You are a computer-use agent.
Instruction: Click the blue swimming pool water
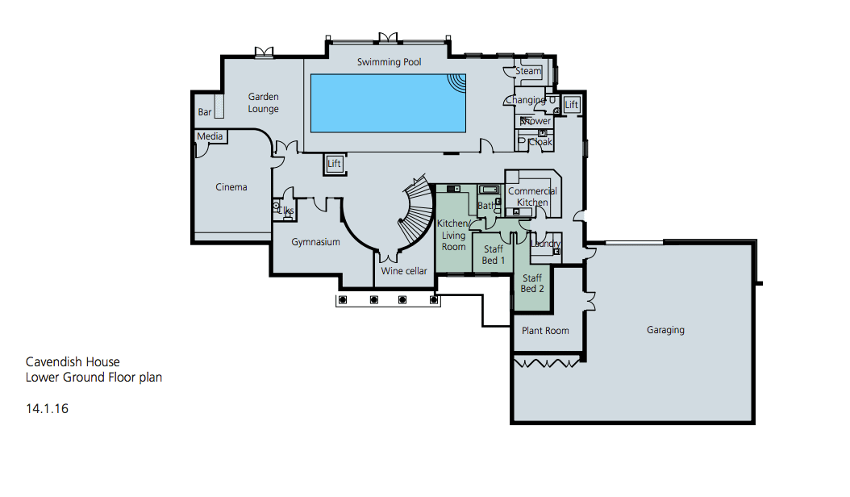click(x=388, y=103)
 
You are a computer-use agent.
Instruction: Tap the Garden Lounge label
click(x=264, y=102)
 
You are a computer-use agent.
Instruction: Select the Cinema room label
click(x=231, y=187)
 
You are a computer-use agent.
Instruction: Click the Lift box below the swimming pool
click(x=335, y=164)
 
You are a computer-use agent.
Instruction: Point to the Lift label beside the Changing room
click(x=572, y=105)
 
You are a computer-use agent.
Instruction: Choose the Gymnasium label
click(x=315, y=242)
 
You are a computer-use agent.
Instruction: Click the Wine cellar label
click(x=404, y=271)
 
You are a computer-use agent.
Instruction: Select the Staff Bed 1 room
click(x=494, y=255)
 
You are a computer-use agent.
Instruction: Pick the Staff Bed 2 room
click(x=532, y=283)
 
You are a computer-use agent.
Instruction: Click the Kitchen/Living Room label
click(x=453, y=235)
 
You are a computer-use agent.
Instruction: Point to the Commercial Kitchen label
click(x=532, y=197)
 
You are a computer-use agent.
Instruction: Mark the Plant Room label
click(x=545, y=331)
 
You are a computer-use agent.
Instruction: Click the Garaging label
click(x=665, y=330)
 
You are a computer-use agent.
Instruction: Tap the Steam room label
click(x=528, y=71)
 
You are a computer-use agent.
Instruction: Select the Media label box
click(x=210, y=136)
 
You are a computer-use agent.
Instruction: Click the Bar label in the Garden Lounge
click(x=205, y=112)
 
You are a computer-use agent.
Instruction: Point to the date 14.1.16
click(x=47, y=408)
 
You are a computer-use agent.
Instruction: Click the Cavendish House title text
click(x=73, y=362)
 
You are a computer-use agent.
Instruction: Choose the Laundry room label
click(x=547, y=244)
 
